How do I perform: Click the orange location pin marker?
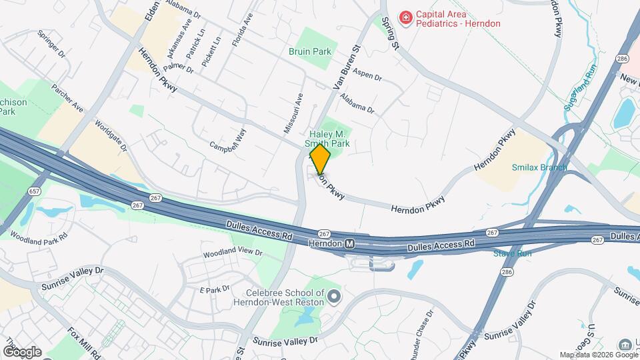[320, 159]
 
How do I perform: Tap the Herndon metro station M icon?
[349, 244]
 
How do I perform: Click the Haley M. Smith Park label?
[327, 139]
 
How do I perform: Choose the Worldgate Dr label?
[111, 135]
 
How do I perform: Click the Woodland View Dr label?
[233, 253]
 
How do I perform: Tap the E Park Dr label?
[215, 289]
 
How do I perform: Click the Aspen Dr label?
[367, 74]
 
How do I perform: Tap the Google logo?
[22, 351]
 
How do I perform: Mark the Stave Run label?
[512, 253]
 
